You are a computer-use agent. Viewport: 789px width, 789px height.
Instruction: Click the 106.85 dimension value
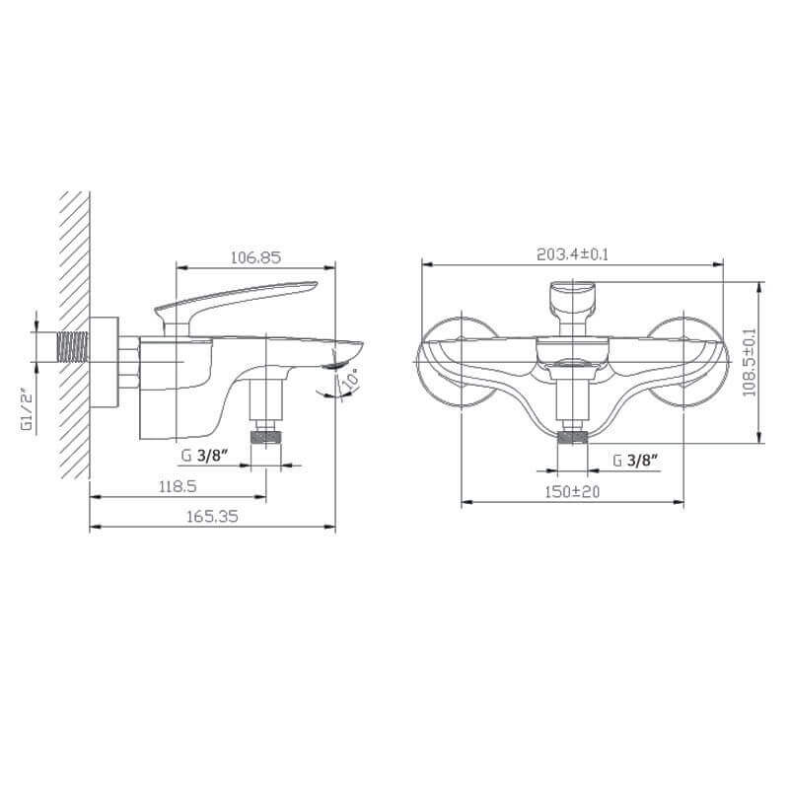click(x=255, y=257)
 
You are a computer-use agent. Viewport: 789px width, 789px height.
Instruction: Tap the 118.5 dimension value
click(x=178, y=486)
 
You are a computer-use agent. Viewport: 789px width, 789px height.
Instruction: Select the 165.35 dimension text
click(x=212, y=516)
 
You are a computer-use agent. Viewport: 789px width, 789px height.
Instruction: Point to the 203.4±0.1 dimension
click(x=573, y=254)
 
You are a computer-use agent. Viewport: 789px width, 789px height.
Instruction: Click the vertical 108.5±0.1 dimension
click(x=750, y=362)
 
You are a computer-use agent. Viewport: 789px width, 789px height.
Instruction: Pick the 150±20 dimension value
click(x=572, y=491)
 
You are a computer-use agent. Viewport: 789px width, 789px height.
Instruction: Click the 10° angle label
click(x=351, y=378)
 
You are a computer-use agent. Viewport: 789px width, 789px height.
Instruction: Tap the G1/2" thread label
click(x=27, y=411)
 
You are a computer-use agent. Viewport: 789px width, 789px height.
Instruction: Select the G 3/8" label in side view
click(x=204, y=456)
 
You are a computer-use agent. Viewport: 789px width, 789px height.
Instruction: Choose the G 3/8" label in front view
click(x=636, y=460)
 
